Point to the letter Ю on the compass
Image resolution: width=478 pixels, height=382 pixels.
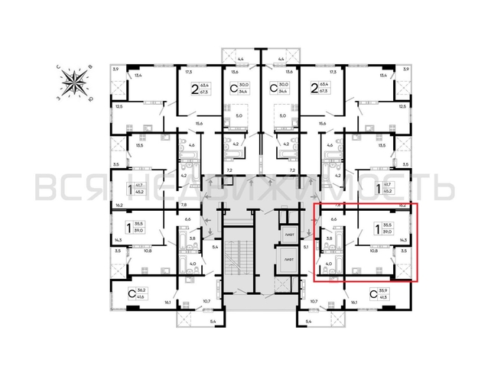pos(91,97)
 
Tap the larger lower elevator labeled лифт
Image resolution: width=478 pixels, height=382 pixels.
pos(288,259)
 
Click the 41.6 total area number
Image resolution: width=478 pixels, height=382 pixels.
pos(141,297)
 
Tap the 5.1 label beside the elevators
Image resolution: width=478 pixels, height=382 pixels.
pos(307,247)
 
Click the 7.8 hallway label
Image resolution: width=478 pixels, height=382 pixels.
pos(184,205)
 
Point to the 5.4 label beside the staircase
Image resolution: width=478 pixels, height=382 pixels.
pos(216,247)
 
